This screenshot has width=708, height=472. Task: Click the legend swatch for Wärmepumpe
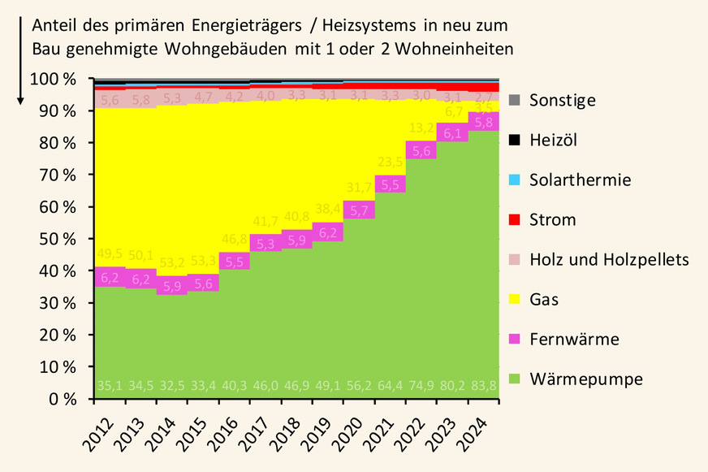click(514, 379)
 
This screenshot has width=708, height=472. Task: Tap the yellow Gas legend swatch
click(514, 300)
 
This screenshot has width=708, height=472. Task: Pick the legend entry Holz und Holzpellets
click(609, 260)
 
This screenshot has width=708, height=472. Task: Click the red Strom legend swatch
click(514, 220)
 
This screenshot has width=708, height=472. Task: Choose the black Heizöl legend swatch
click(514, 141)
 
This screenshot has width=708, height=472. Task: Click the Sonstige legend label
click(562, 101)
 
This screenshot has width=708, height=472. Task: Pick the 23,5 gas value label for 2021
click(390, 161)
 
